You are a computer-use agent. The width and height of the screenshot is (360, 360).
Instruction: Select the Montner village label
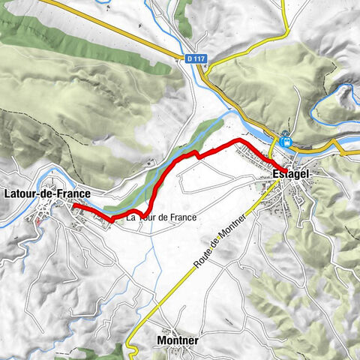click(x=178, y=340)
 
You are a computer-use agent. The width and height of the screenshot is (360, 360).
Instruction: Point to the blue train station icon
click(x=285, y=140)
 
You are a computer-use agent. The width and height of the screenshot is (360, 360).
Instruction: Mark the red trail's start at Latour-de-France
click(x=74, y=205)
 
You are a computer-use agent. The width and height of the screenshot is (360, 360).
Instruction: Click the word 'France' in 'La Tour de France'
click(x=183, y=217)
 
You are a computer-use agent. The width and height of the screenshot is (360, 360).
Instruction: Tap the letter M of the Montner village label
click(x=162, y=340)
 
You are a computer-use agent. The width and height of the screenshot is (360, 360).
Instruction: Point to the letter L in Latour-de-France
click(x=7, y=193)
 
